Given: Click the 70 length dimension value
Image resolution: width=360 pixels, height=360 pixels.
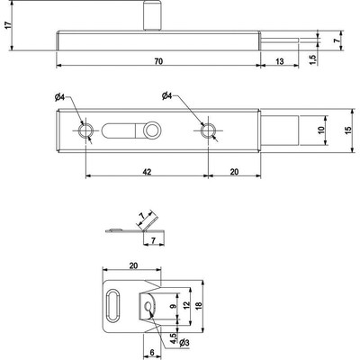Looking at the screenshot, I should (157, 59).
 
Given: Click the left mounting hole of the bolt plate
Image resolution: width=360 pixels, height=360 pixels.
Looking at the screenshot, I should (85, 131).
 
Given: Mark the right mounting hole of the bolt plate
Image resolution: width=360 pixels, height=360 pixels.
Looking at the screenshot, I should (209, 131).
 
